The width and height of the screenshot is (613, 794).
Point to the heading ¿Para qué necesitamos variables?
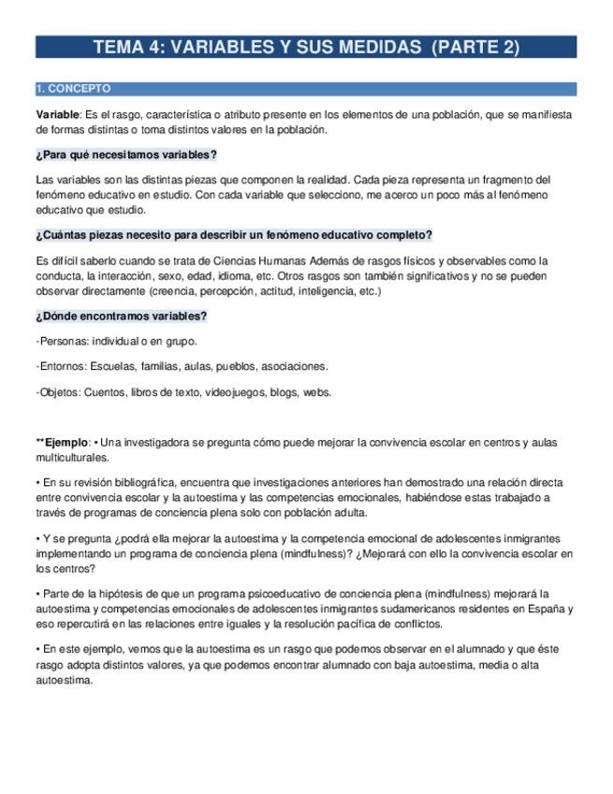tap(126, 154)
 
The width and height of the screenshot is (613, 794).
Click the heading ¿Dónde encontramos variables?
tap(121, 316)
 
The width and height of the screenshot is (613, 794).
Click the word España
tap(545, 609)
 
